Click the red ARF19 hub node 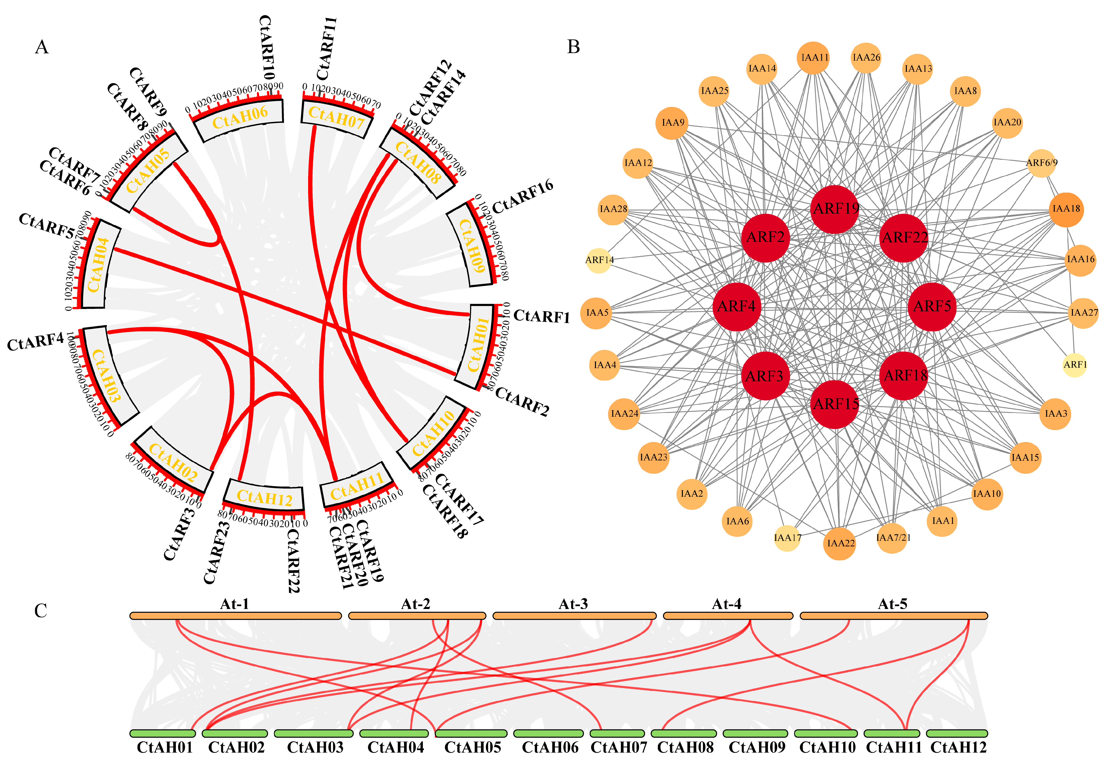click(x=835, y=209)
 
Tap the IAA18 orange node click(x=1066, y=209)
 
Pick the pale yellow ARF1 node click(x=1074, y=365)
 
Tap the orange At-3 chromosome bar click(x=574, y=616)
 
